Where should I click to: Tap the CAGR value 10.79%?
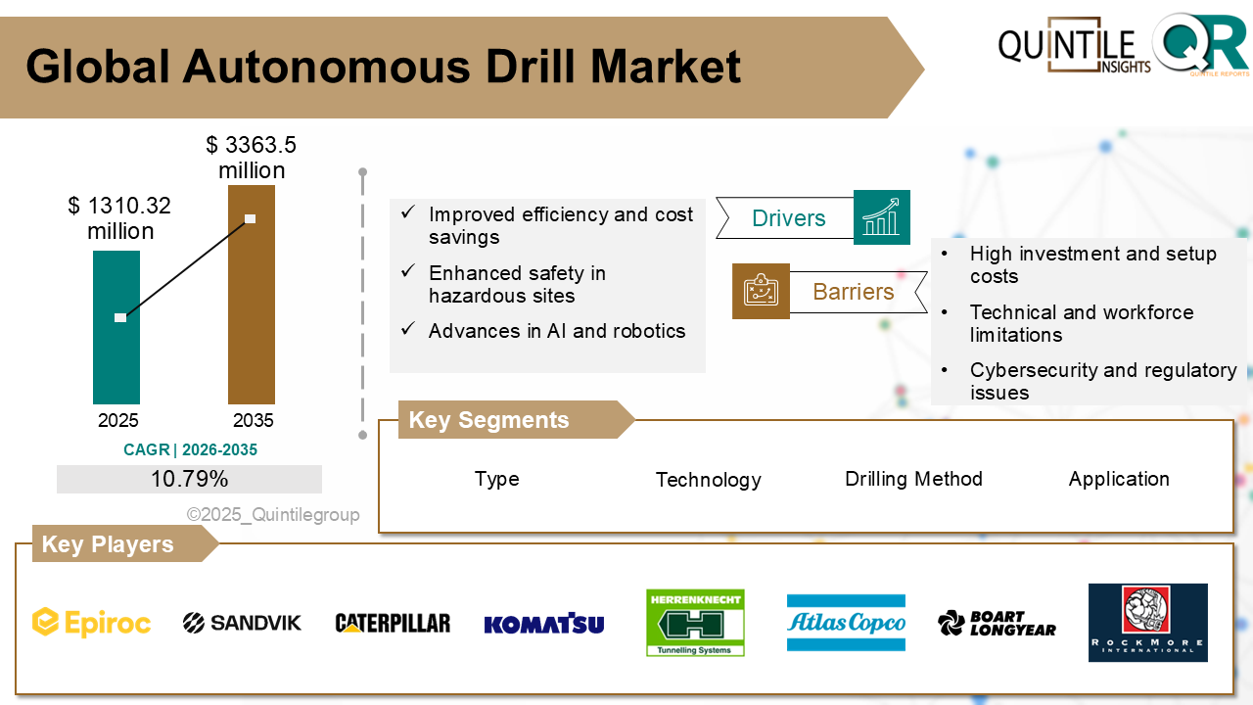tap(189, 479)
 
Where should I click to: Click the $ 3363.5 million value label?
tap(252, 158)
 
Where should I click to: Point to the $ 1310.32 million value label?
tap(119, 218)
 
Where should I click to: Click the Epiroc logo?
tap(92, 623)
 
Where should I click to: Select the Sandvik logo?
tap(243, 623)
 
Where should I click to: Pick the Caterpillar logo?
tap(393, 623)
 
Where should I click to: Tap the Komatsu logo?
tap(544, 624)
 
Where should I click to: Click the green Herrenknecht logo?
tap(695, 623)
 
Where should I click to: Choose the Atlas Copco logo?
tap(846, 623)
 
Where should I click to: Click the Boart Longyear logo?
tap(997, 623)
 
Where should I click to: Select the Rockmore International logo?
tap(1147, 623)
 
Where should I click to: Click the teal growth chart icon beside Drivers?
tap(882, 217)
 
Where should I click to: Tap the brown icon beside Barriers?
tap(761, 291)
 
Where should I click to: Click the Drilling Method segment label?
tap(913, 479)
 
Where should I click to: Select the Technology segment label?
tap(708, 480)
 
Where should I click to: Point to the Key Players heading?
tap(108, 544)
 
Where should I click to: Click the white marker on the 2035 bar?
tap(251, 218)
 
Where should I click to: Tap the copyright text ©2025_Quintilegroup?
tap(273, 515)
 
